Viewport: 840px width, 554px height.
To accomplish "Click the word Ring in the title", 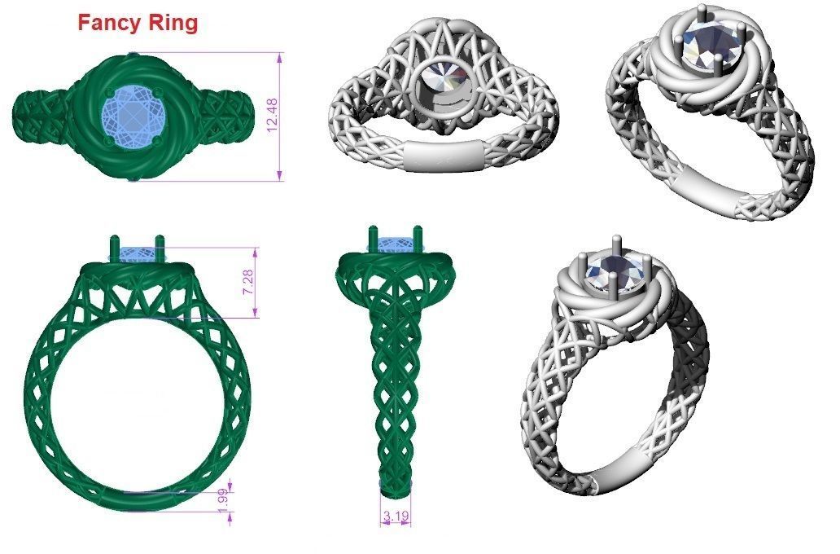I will (x=172, y=24).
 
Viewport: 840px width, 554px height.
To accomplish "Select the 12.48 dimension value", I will (x=272, y=115).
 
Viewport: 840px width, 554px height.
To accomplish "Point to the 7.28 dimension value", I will (x=249, y=281).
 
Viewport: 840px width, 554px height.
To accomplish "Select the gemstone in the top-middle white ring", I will (x=444, y=76).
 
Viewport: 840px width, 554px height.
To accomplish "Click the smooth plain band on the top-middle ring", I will (x=441, y=155).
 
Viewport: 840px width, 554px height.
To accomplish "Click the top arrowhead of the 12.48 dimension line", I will (x=281, y=56).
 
